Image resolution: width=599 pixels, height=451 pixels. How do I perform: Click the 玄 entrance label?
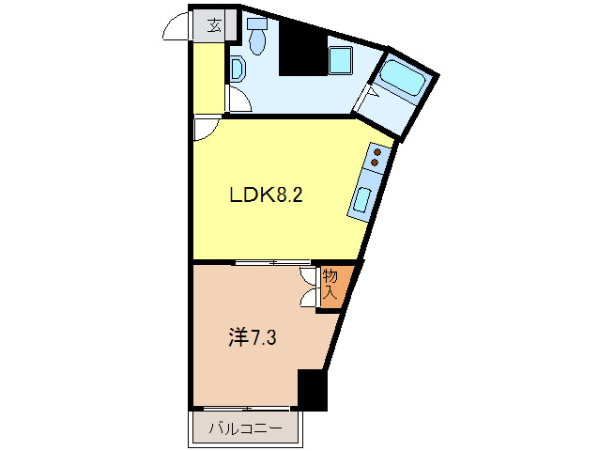click(214, 25)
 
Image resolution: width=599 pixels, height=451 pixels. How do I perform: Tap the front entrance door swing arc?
click(177, 30)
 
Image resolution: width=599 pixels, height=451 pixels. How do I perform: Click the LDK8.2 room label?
click(266, 196)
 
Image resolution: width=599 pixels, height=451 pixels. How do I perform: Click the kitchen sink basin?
click(362, 199)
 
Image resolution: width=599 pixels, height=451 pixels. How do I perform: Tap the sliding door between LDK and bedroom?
click(272, 261)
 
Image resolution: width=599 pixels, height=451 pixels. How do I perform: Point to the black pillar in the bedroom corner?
click(312, 389)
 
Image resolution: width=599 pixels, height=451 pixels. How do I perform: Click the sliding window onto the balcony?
click(246, 408)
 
